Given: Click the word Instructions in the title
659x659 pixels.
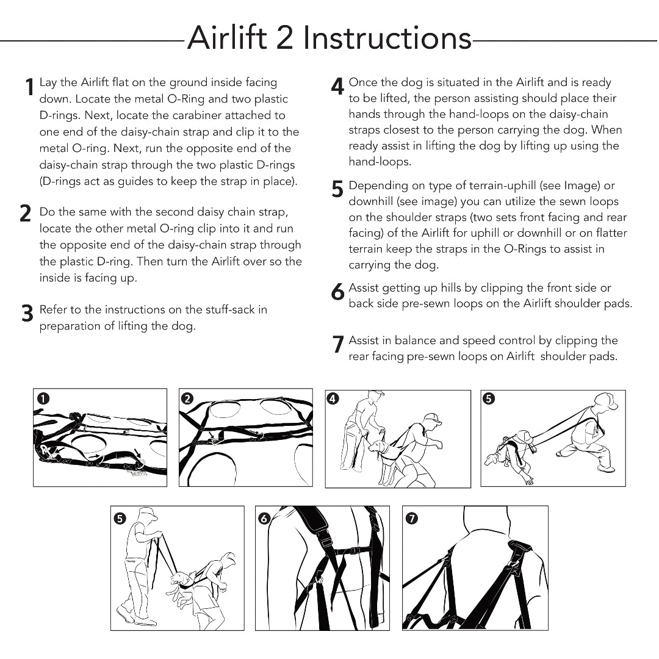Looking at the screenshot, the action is click(387, 38).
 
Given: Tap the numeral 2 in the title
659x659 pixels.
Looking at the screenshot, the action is click(284, 38).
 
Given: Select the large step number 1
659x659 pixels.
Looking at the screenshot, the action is click(29, 87).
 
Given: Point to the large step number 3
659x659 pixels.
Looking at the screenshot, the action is click(27, 313).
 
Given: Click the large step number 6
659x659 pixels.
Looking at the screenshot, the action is click(337, 291).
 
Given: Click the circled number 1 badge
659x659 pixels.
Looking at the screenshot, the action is click(43, 398).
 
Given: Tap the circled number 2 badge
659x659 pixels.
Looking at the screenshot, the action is click(187, 398).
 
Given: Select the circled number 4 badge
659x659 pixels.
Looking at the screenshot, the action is click(333, 398).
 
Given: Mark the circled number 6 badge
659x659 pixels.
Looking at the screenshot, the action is click(264, 518).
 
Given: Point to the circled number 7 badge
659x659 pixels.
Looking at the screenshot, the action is click(411, 518).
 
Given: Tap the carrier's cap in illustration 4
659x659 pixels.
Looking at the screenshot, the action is click(431, 418).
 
